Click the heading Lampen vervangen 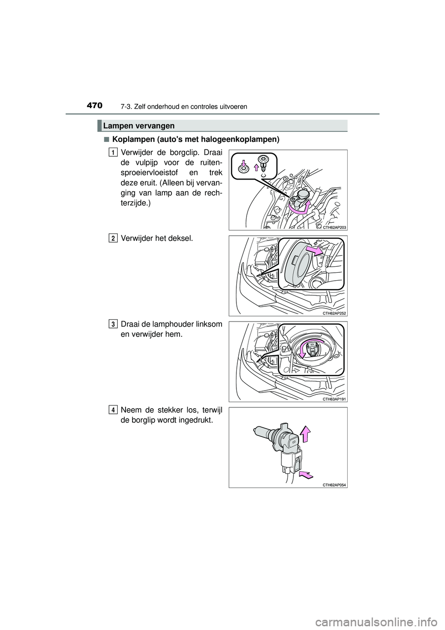pos(139,126)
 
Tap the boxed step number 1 pos(113,152)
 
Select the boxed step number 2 pos(113,238)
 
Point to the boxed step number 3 pos(113,323)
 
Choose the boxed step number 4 pos(113,409)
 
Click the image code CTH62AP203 pos(335,227)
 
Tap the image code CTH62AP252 pos(335,313)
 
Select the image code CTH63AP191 pos(335,399)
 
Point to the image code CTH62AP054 pos(335,484)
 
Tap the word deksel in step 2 pos(182,238)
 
